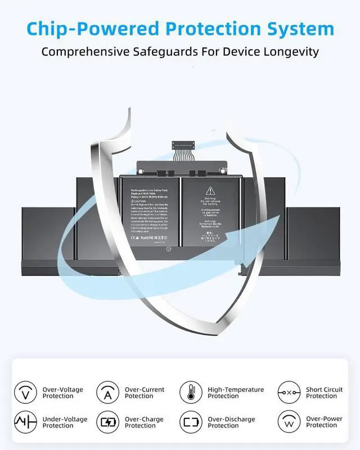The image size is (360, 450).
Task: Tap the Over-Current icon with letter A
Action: [107, 392]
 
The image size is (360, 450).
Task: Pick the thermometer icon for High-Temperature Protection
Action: [191, 392]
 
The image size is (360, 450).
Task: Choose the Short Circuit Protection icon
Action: [289, 392]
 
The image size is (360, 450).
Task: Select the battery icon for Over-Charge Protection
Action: [107, 422]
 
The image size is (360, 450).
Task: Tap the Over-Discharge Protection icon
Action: [191, 422]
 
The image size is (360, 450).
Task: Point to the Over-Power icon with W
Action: [289, 422]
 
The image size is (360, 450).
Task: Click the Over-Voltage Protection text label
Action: [62, 393]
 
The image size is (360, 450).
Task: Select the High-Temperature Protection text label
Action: [236, 393]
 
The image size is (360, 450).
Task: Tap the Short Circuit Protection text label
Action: [324, 393]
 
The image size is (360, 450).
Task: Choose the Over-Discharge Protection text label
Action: [231, 422]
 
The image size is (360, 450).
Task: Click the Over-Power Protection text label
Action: [325, 422]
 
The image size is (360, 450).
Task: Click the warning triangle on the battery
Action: [210, 190]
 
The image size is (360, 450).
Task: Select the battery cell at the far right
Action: [313, 233]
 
